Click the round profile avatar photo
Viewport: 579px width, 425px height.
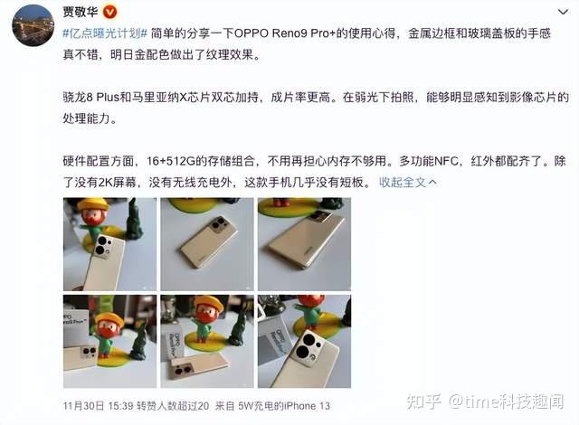(33, 25)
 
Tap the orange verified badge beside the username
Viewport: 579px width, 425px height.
(109, 12)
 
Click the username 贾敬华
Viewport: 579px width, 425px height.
(81, 12)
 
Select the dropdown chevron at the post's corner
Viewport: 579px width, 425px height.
(563, 12)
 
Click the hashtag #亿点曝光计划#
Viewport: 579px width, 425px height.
(105, 33)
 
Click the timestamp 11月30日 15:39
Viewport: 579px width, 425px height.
(98, 406)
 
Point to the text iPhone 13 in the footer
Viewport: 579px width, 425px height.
(307, 406)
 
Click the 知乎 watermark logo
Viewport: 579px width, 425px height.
(423, 401)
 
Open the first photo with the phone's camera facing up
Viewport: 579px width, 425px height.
(109, 244)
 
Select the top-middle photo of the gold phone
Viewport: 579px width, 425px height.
(207, 244)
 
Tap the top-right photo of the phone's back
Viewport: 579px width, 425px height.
(304, 244)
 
